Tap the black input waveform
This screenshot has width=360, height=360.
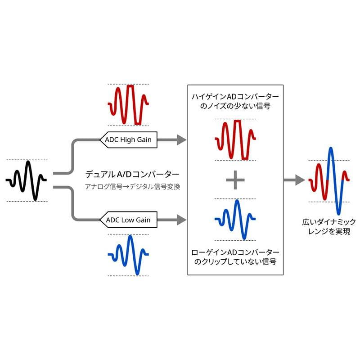pos(27,180)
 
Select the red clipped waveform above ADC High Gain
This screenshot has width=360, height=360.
pos(128,104)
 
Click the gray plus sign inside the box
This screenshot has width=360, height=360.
pos(235,180)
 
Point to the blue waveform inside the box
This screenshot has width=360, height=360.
pos(235,219)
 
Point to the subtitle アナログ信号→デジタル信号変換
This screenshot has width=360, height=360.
pos(132,186)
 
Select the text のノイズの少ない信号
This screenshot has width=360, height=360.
pos(235,107)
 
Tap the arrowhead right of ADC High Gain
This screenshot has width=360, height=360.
pos(181,139)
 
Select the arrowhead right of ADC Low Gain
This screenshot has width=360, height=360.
pos(181,220)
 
